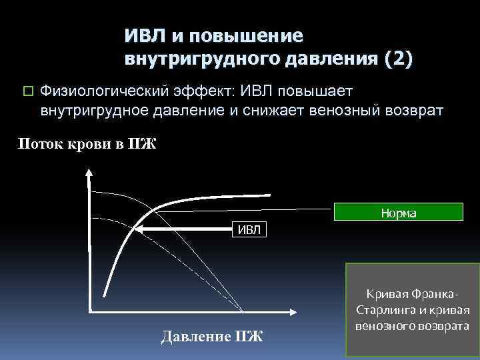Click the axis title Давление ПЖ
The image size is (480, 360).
(212, 335)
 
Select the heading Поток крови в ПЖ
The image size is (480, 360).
(87, 144)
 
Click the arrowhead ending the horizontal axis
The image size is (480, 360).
(294, 311)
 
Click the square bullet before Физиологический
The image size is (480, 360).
(27, 91)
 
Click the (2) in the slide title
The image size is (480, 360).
(398, 59)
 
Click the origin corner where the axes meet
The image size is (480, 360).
(89, 311)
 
